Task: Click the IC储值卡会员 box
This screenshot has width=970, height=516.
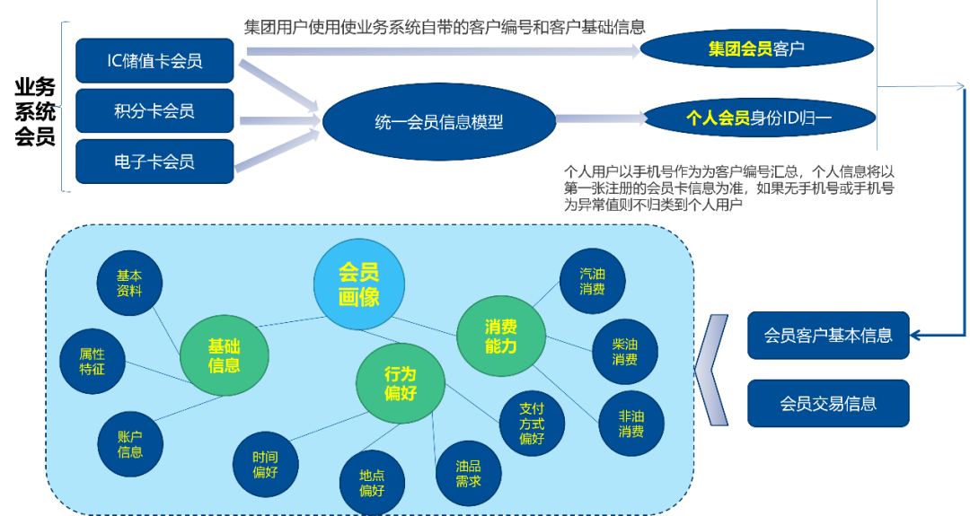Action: pos(154,61)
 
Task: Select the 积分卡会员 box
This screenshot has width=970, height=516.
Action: pos(154,111)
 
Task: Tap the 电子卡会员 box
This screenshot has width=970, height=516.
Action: pos(154,162)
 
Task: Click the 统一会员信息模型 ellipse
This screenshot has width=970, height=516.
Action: pos(438,122)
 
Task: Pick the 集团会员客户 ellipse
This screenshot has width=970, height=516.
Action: pos(756,49)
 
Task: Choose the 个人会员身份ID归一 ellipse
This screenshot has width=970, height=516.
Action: pos(759,118)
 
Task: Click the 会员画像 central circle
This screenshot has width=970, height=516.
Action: pos(358,284)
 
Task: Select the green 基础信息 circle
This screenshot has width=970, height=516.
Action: pos(224,354)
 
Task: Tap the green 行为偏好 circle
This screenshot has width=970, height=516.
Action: pos(401,384)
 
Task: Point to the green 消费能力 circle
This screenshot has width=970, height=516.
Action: pos(501,336)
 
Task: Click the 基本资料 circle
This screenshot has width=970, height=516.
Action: pos(130,283)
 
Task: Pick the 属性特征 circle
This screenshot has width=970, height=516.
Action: pos(92,361)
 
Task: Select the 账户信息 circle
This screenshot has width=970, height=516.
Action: pos(130,443)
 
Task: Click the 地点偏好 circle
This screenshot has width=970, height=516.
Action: pos(372,482)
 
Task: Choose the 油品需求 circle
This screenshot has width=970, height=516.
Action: pos(468,473)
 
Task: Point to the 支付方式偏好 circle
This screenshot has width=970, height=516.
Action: pos(532,422)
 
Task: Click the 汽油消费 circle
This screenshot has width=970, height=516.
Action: pos(592,281)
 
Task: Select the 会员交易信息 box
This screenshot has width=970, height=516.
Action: pos(828,404)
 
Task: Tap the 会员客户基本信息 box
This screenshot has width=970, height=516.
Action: pos(828,336)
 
